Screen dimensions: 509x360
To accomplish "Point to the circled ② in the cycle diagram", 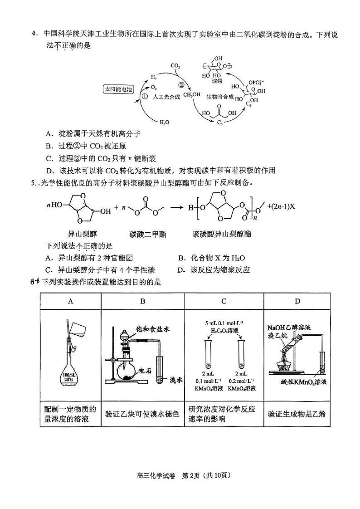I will [x=180, y=84].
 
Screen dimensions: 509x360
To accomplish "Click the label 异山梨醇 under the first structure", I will [x=82, y=234].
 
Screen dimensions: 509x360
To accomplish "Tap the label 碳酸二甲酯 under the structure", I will [x=147, y=234].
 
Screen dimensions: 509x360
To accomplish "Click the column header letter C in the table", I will [x=224, y=301].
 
